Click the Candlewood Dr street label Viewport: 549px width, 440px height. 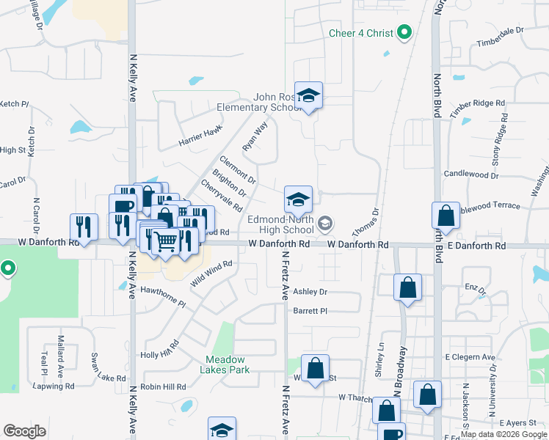471,175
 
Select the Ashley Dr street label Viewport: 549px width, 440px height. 310,291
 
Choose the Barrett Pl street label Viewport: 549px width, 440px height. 310,310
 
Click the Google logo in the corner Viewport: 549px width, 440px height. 24,431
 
